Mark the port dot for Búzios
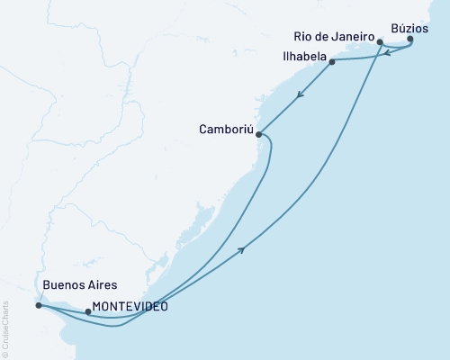pyautogui.click(x=410, y=40)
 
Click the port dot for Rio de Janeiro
pyautogui.click(x=381, y=41)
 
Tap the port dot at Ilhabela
pyautogui.click(x=332, y=62)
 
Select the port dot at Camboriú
pyautogui.click(x=259, y=135)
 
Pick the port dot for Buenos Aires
pyautogui.click(x=38, y=305)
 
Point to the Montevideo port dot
pyautogui.click(x=87, y=312)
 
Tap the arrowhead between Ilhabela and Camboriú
pyautogui.click(x=299, y=93)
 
